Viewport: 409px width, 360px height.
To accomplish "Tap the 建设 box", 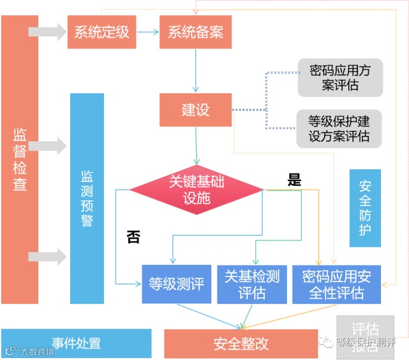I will (x=195, y=110).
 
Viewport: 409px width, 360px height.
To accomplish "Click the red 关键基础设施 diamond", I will (x=197, y=189).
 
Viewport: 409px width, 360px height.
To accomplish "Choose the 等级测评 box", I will (x=176, y=284).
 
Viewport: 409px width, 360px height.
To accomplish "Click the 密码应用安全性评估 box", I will (x=336, y=284).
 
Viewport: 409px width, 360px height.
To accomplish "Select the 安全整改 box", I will (x=241, y=344).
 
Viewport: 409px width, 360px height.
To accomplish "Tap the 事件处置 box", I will (x=76, y=343).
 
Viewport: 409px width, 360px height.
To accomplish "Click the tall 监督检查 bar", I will (x=20, y=160).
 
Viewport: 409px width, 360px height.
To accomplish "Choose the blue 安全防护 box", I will (x=365, y=208).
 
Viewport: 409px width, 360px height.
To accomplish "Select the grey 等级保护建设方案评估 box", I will (x=339, y=128).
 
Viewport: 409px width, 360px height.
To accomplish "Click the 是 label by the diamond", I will (x=294, y=180).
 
